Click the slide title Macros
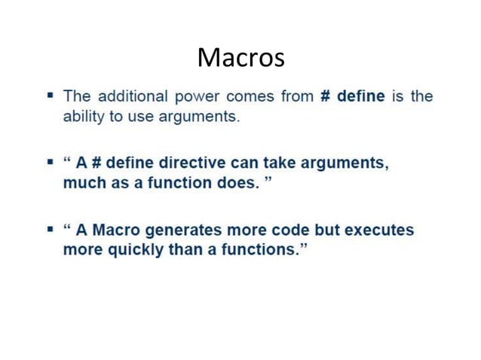point(240,56)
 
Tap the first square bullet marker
point(50,96)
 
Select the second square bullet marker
point(50,163)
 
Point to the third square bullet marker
point(50,229)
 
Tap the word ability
point(81,118)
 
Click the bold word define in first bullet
point(360,97)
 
